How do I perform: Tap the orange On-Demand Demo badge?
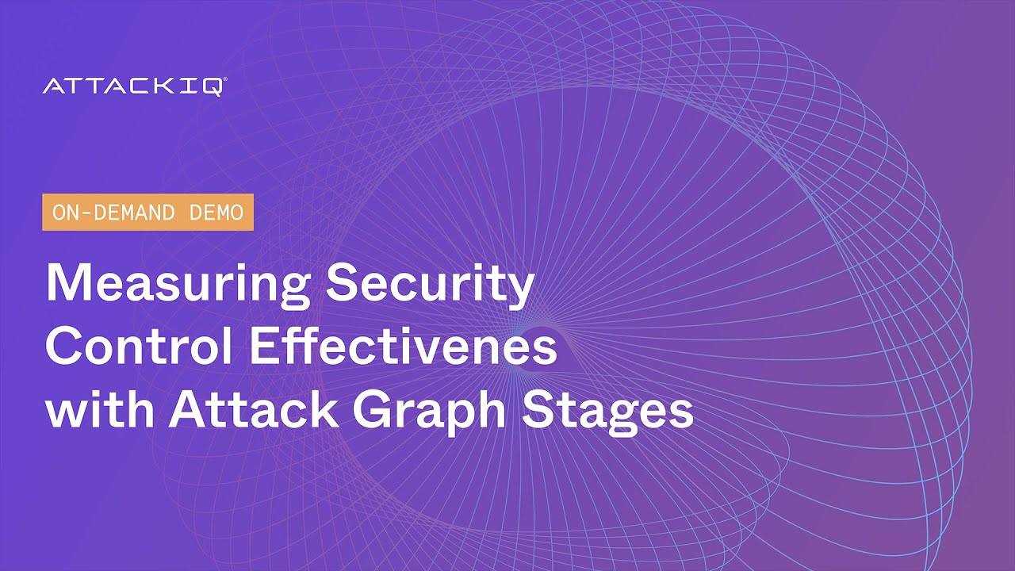click(147, 212)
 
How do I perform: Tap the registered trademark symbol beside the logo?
click(225, 80)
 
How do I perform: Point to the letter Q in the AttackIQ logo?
click(213, 86)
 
